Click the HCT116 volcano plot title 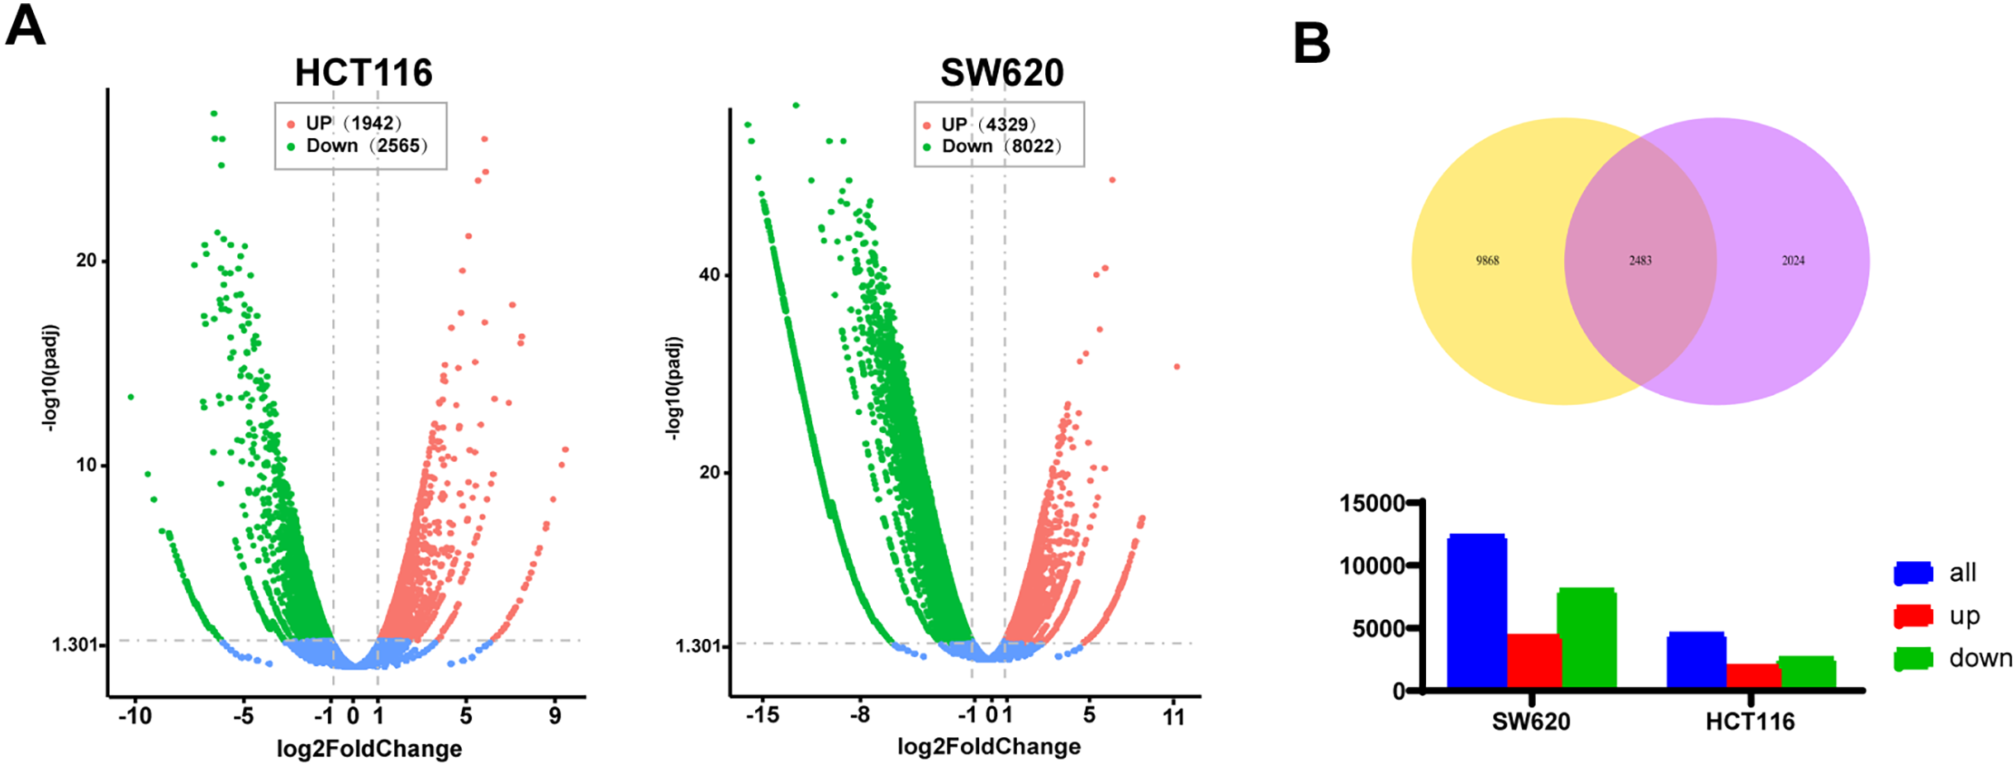coord(364,73)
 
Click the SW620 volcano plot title coord(1001,73)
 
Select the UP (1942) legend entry coord(353,123)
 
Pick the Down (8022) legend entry coord(1001,146)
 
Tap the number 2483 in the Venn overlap coord(1640,260)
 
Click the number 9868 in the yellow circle coord(1487,260)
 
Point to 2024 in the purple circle coord(1793,260)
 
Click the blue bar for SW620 coord(1476,612)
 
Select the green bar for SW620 coord(1586,638)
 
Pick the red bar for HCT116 coord(1753,675)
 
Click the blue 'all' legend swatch coord(1913,573)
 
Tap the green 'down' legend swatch coord(1913,659)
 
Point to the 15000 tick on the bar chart coord(1372,503)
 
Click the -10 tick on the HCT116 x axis coord(135,716)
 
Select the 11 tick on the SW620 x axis coord(1173,716)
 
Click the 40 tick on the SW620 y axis coord(710,274)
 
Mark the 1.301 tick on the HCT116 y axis coord(75,644)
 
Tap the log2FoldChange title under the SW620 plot coord(989,747)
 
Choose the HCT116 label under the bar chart coord(1750,722)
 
